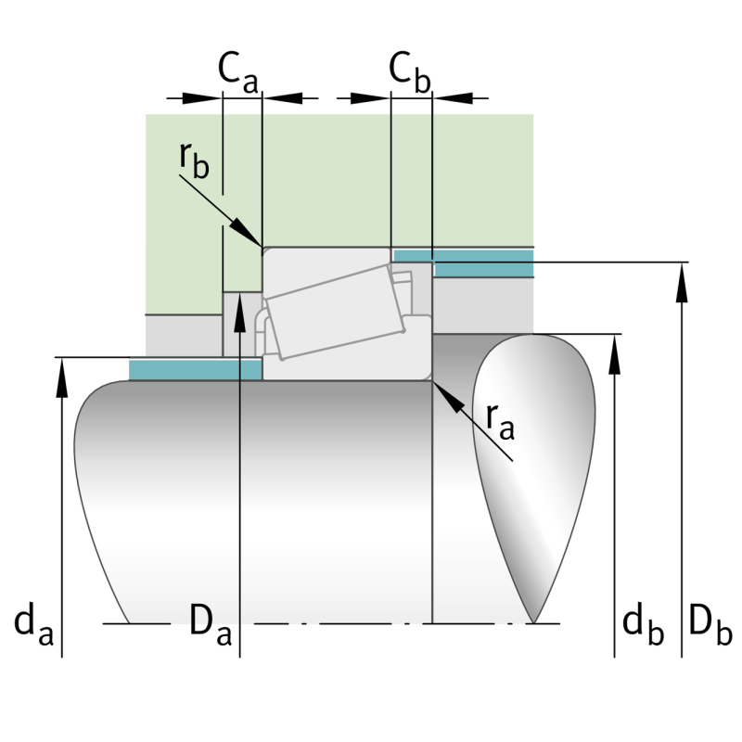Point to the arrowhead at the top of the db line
pyautogui.click(x=614, y=351)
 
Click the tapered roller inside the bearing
pyautogui.click(x=334, y=311)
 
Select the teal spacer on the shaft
pyautogui.click(x=195, y=369)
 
